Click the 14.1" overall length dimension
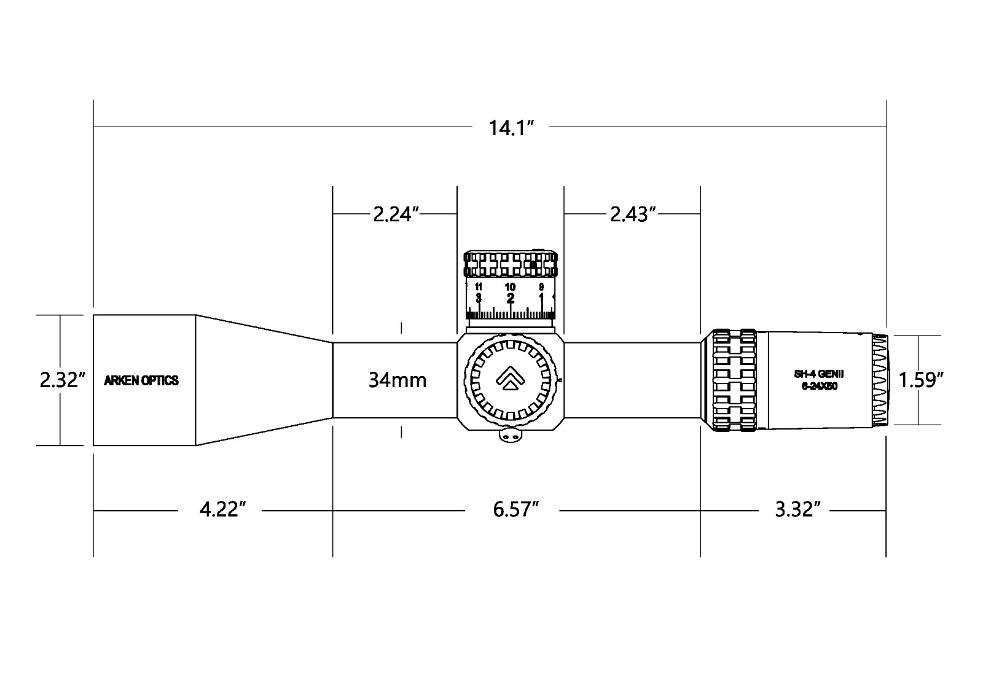(510, 128)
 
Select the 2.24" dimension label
(396, 214)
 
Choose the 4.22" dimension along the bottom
(222, 510)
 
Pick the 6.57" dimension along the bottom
(515, 510)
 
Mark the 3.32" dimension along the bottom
(797, 510)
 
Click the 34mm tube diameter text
(398, 380)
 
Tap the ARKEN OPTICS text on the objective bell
(141, 380)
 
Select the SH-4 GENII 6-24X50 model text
(819, 380)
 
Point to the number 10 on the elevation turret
(510, 287)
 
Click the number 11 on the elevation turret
(479, 287)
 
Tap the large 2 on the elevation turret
(510, 299)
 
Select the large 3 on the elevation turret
(479, 299)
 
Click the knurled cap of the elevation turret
(511, 264)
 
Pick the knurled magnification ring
(734, 380)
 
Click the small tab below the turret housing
(510, 435)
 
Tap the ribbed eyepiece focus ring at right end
(880, 380)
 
